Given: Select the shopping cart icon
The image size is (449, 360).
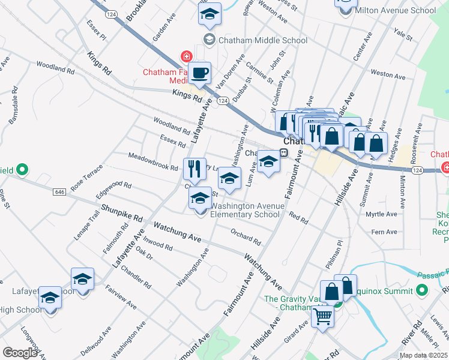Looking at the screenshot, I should pos(323,316).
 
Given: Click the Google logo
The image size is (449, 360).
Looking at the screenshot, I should pos(20,352).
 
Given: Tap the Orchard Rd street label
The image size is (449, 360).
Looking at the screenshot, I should pos(246,237).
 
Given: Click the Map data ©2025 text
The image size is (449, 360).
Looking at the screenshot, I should pos(423,355).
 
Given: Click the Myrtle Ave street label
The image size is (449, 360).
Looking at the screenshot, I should pos(382,214).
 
